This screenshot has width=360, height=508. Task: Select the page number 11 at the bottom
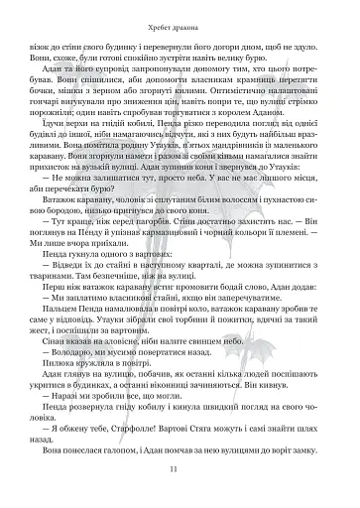pos(180,469)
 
